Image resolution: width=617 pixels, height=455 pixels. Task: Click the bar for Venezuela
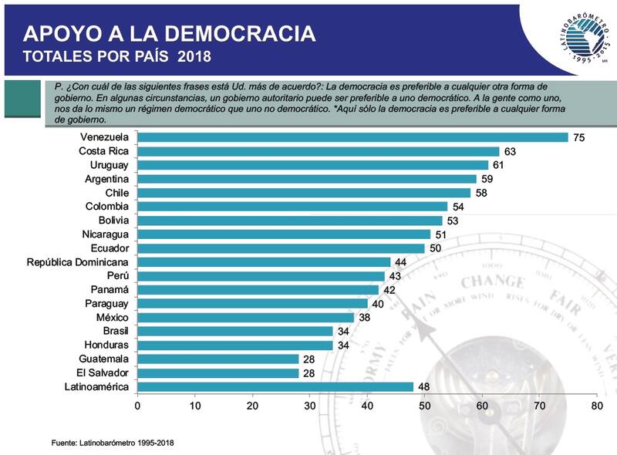click(x=352, y=137)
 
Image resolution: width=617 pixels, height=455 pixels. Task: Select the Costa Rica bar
click(x=318, y=151)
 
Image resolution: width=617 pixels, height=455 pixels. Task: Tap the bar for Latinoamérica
click(x=275, y=387)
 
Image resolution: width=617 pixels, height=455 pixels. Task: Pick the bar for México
click(x=246, y=318)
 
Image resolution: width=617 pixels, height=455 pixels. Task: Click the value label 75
click(x=578, y=137)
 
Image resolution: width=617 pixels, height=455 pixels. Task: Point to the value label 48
click(x=423, y=387)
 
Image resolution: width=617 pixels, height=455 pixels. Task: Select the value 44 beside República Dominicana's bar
click(x=400, y=262)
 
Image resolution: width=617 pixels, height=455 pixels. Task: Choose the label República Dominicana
click(x=76, y=262)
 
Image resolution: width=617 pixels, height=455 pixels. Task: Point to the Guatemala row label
click(x=103, y=359)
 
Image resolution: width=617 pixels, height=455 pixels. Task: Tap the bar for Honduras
click(x=234, y=345)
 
